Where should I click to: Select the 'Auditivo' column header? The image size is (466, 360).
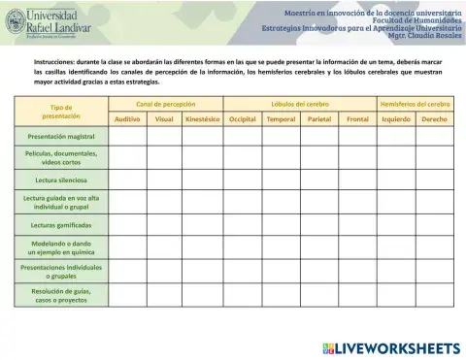pos(126,118)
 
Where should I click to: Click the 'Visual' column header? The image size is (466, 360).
pos(164,118)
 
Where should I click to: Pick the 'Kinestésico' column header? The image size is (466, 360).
pos(203,118)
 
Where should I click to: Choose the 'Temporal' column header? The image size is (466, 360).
pos(281,118)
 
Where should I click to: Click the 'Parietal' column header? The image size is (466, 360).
pos(319,118)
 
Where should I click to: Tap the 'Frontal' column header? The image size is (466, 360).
pos(357,118)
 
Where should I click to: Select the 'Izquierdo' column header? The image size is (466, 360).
pos(396,118)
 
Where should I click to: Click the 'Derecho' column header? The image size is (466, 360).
pos(434,118)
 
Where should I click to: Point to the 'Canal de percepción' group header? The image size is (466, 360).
pos(165,103)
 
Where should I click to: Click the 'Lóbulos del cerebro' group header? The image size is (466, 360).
pos(300,103)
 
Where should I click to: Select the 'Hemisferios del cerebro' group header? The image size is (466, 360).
pos(416,103)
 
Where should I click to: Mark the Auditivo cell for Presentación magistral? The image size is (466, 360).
pos(126,137)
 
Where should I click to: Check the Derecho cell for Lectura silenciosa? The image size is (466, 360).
pos(434,180)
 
